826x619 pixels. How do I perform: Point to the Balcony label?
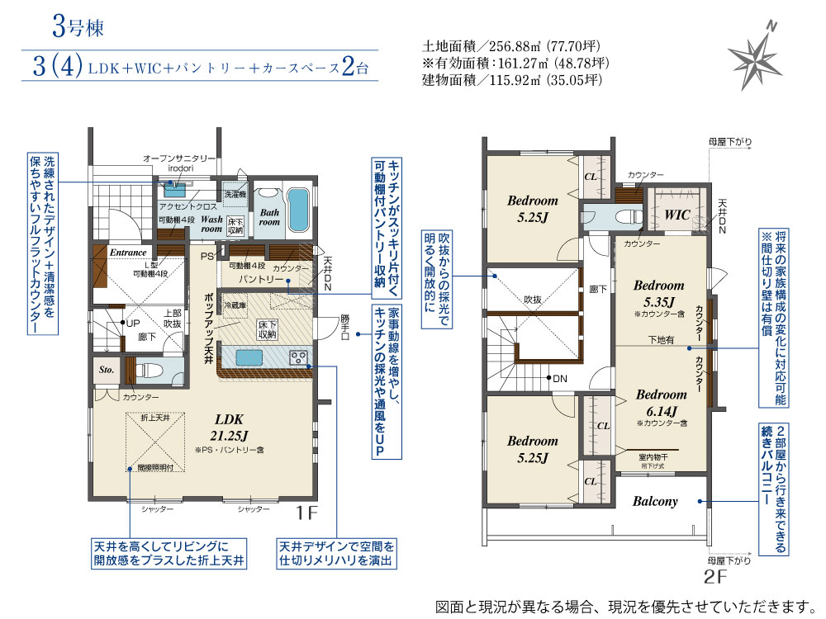655,501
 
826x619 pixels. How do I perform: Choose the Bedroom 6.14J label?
661,402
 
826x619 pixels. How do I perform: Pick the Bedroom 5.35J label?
658,293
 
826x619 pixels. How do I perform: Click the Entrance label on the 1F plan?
127,253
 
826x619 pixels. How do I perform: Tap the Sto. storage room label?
106,370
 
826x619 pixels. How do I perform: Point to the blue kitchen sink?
249,357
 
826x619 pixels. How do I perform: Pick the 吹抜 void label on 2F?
533,299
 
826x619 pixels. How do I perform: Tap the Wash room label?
211,224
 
